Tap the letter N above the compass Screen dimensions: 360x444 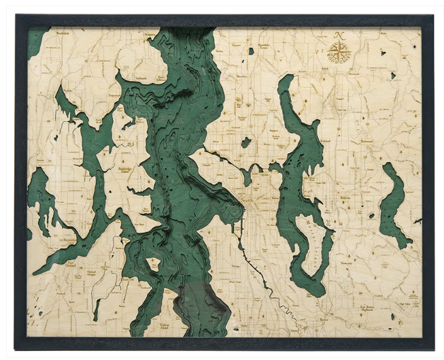coord(338,35)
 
